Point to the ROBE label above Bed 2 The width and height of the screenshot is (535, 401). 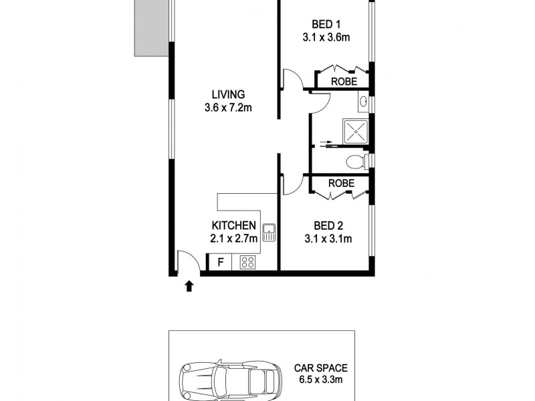[x=340, y=182]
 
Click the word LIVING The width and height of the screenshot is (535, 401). [x=229, y=94]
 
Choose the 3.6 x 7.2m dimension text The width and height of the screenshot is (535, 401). [x=229, y=107]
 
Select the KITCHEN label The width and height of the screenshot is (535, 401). [x=233, y=225]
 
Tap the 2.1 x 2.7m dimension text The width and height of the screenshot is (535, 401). [x=233, y=238]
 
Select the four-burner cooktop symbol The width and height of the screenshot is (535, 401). [x=247, y=263]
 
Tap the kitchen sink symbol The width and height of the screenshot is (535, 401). [x=270, y=233]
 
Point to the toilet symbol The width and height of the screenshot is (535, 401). [x=355, y=162]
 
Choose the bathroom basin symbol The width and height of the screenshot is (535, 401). [x=362, y=102]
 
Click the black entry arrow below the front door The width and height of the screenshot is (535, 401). [x=189, y=286]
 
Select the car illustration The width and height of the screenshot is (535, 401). [x=229, y=382]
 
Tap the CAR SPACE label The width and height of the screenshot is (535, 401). [x=320, y=368]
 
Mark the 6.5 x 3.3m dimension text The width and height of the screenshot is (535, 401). [x=320, y=381]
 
